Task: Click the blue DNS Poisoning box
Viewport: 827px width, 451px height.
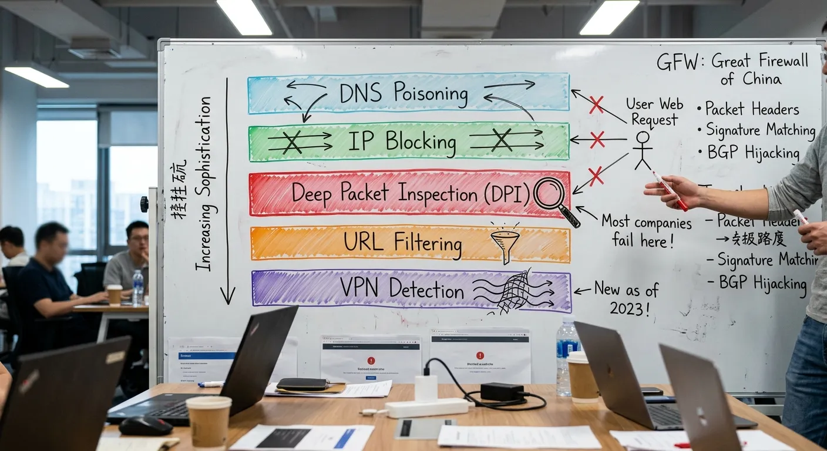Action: [x=408, y=93]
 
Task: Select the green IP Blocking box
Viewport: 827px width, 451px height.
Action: [x=408, y=142]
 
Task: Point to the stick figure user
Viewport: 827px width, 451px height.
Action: [x=643, y=150]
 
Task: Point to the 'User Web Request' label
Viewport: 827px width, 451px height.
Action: [x=654, y=112]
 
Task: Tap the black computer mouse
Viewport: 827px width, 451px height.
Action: [x=145, y=426]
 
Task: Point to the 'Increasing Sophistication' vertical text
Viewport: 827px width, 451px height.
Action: [x=203, y=184]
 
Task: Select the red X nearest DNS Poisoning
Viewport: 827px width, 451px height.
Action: [x=596, y=105]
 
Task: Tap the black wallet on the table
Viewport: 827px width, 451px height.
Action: [x=302, y=384]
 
